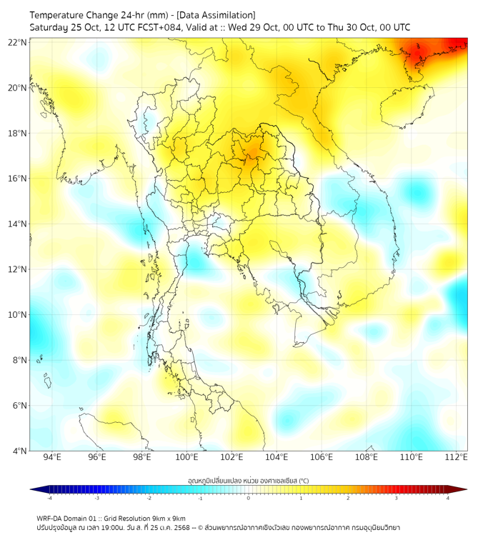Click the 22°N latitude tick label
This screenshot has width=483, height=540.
coord(18,43)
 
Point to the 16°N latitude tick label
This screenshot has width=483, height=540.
coord(18,179)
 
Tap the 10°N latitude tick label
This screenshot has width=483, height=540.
coord(18,315)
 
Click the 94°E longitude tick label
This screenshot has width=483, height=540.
coord(52,457)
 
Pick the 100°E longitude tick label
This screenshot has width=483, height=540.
coord(186,457)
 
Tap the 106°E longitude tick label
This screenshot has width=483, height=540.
coord(322,457)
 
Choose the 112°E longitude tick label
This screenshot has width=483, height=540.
coord(456,457)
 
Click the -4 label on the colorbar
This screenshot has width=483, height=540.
coord(49,498)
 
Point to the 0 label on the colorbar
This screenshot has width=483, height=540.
coord(249,498)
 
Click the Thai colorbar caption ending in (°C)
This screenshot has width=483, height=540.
coord(249,481)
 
